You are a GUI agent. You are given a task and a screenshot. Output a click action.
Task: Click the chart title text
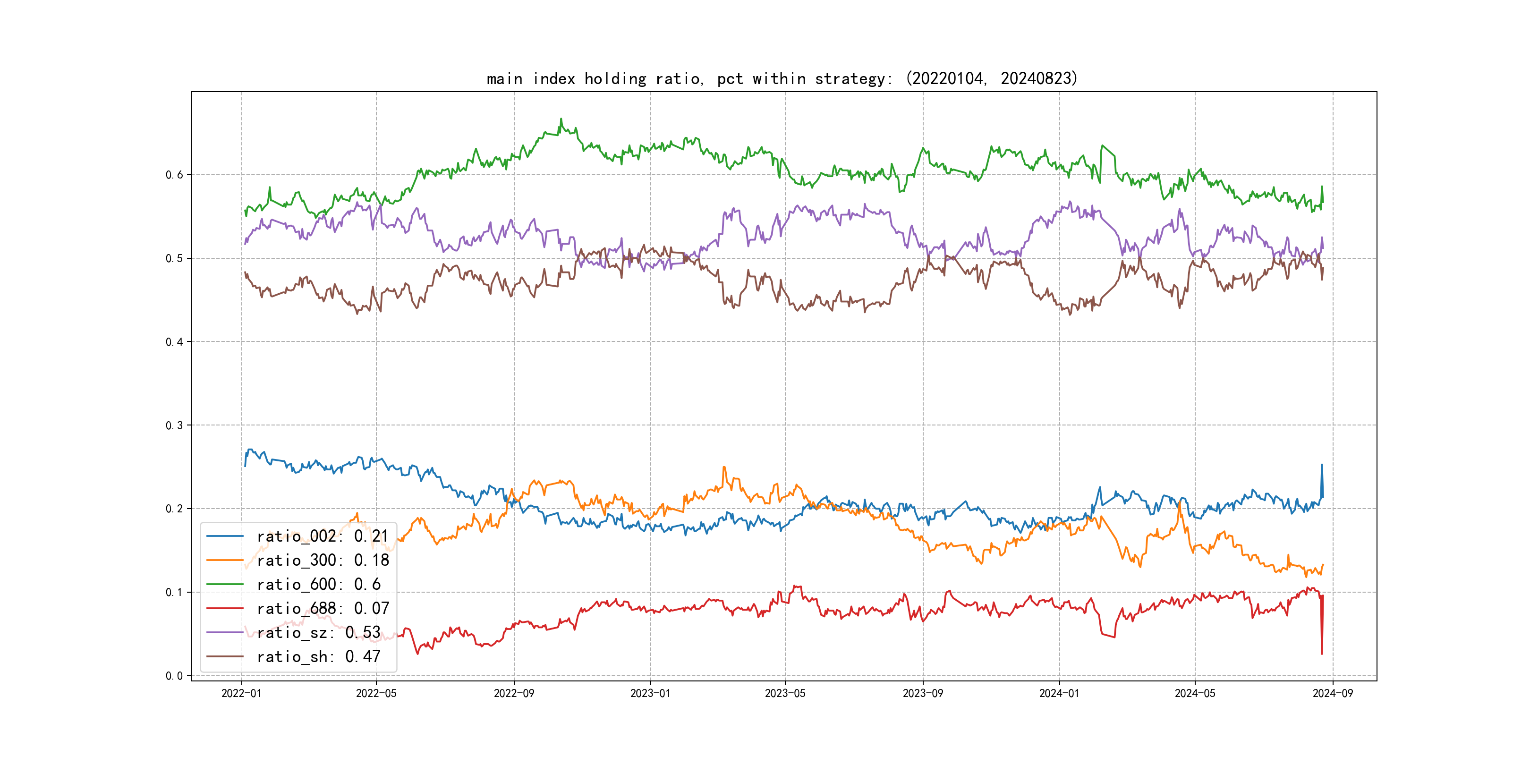click(x=782, y=78)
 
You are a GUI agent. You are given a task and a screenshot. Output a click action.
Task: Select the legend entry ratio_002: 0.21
click(x=323, y=536)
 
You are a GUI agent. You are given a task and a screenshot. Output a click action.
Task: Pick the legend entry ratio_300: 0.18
click(x=323, y=560)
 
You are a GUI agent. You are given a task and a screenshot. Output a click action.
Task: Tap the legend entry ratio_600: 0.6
click(x=318, y=585)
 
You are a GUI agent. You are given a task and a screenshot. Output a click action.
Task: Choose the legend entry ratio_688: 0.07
click(x=323, y=608)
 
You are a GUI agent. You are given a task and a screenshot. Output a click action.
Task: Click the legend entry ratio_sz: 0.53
click(x=318, y=633)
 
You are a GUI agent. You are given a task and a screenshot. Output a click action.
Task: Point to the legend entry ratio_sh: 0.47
click(x=318, y=656)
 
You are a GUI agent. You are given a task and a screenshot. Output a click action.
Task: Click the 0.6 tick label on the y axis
click(x=174, y=175)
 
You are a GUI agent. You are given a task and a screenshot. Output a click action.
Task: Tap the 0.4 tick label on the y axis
click(x=174, y=341)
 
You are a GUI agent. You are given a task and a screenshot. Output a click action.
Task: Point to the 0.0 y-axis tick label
click(x=174, y=675)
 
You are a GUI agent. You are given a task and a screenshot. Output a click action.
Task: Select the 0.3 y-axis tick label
click(x=174, y=425)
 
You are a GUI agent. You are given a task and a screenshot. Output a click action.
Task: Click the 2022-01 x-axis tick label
click(x=241, y=693)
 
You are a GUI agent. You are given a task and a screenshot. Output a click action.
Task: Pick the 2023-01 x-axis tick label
click(x=650, y=693)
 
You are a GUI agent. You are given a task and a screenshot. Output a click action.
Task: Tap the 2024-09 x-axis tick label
click(x=1333, y=693)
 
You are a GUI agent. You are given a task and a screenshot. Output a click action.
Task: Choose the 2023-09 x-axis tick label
click(x=922, y=693)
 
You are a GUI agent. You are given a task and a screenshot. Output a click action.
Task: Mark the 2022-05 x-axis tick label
click(x=376, y=693)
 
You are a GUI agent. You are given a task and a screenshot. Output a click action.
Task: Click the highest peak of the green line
click(x=561, y=119)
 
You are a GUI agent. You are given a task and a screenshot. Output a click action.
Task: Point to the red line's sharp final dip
click(x=1322, y=654)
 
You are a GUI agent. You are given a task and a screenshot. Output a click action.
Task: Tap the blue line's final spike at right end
click(x=1322, y=465)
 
